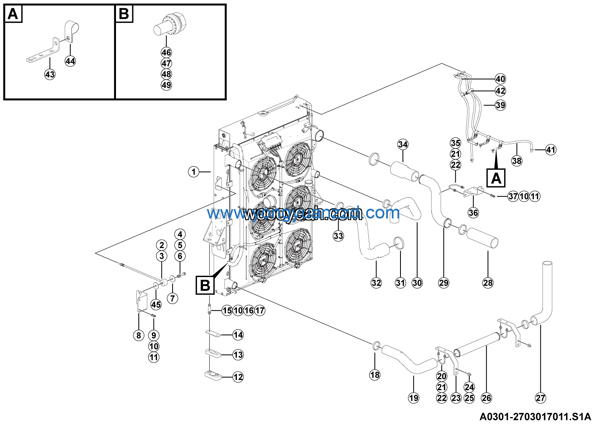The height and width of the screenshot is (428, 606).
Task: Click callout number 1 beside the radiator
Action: (x=194, y=172)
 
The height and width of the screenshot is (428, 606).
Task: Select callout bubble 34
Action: (x=403, y=144)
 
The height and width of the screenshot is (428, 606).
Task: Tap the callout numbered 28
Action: (x=488, y=283)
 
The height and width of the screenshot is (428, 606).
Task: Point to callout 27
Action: (x=540, y=398)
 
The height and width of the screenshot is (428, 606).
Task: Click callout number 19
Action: (x=413, y=398)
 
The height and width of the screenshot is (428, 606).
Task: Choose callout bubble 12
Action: (x=238, y=377)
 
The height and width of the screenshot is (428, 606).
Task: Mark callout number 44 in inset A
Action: (x=70, y=61)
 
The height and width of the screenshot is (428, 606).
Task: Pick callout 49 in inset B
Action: (x=166, y=85)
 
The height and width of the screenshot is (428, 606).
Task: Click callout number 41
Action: (x=551, y=150)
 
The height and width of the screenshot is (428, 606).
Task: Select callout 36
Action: (x=473, y=212)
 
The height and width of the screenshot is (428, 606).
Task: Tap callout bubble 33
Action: (x=338, y=236)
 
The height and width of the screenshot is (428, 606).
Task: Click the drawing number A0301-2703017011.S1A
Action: (x=535, y=417)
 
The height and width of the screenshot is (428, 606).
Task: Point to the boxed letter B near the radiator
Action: (x=205, y=285)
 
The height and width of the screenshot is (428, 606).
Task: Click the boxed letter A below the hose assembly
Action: (x=496, y=178)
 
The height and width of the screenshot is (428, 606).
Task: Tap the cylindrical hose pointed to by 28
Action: (x=483, y=238)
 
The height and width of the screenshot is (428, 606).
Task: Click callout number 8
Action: (x=139, y=335)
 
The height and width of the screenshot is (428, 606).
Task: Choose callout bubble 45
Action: (x=156, y=304)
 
